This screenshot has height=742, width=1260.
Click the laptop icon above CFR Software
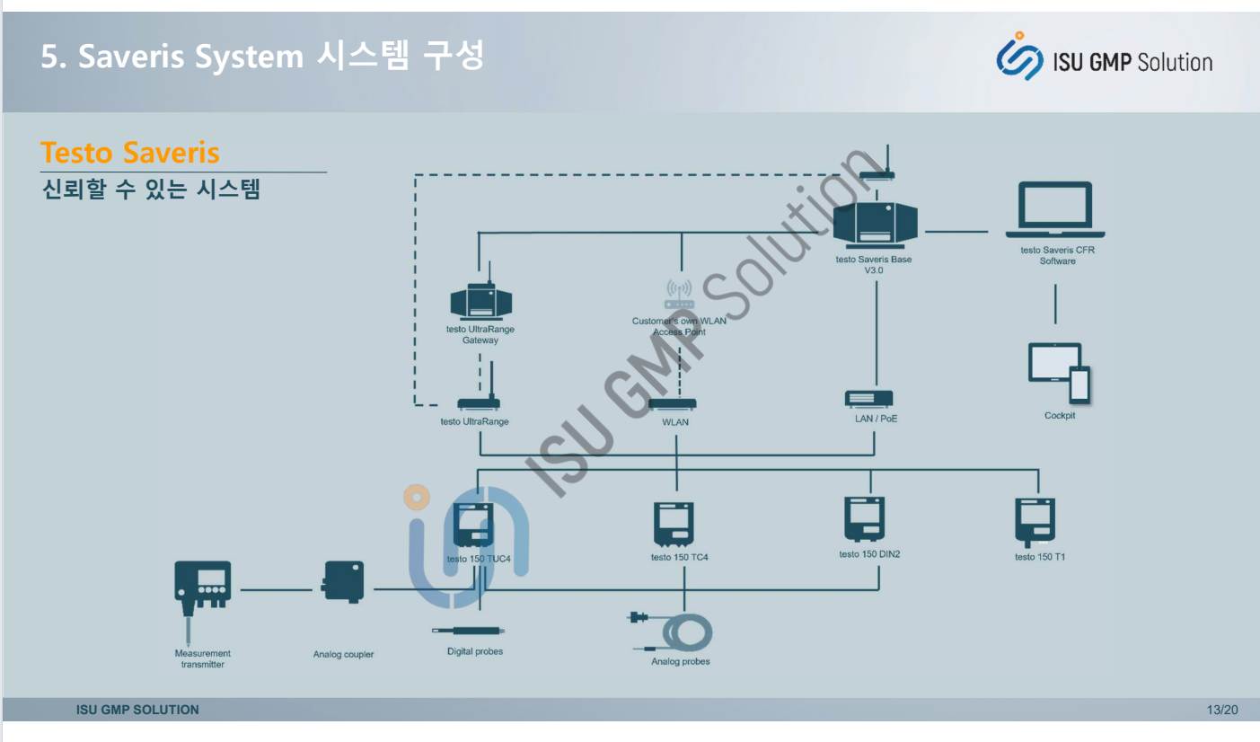(1055, 209)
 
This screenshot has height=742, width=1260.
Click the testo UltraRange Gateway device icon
(480, 302)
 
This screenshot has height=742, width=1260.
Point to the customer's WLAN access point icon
(679, 295)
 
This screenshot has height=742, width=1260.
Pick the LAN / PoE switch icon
(869, 398)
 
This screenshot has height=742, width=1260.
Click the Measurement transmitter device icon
(202, 584)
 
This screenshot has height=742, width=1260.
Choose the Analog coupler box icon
(343, 582)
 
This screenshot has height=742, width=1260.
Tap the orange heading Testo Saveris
(130, 153)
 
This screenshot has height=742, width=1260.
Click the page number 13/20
(1222, 710)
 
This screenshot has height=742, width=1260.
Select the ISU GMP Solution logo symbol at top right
(1020, 56)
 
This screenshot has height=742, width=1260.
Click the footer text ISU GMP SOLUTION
(137, 710)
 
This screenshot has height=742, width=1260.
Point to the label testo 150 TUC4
(479, 559)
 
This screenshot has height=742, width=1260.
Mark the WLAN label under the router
(675, 422)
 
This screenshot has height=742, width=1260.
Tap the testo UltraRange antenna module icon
(478, 403)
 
